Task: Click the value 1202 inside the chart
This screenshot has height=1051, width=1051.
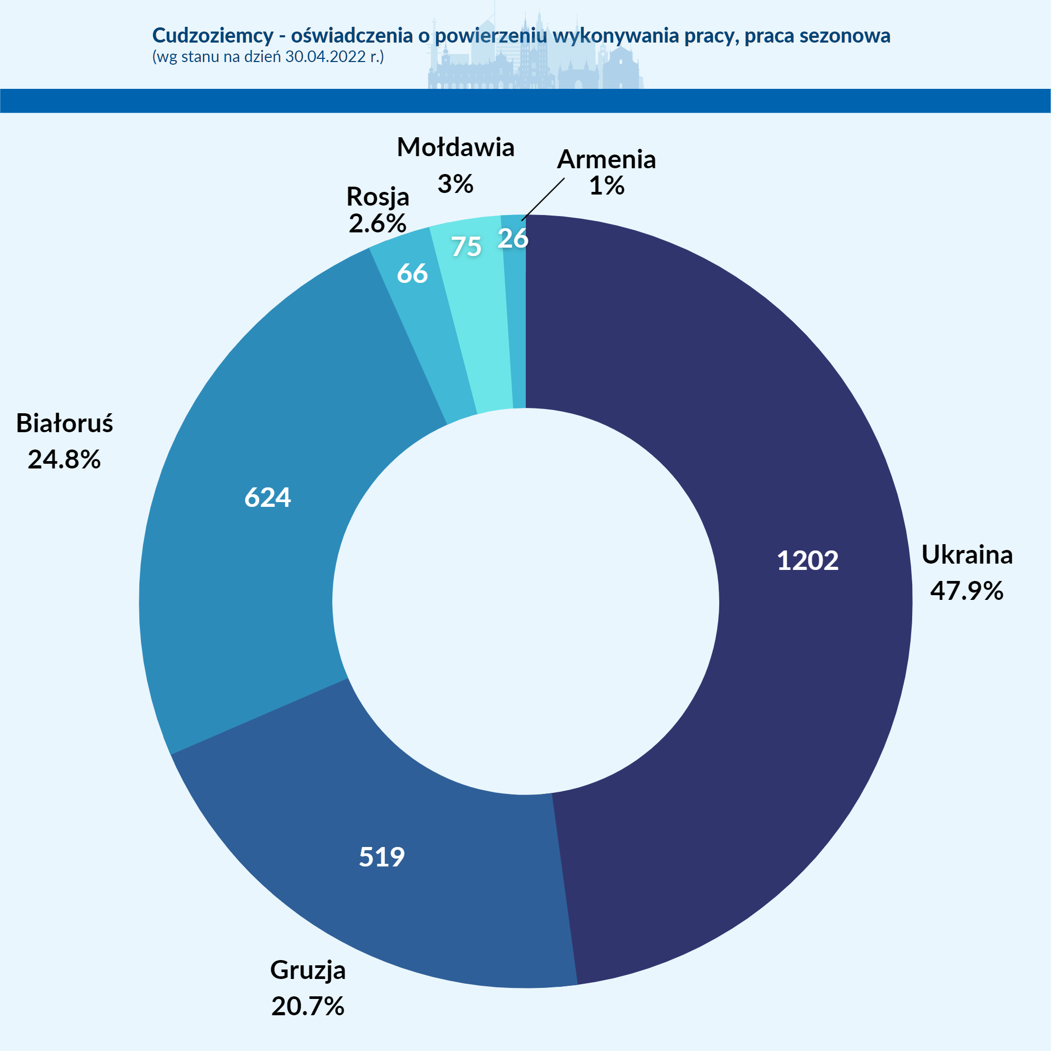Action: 807,561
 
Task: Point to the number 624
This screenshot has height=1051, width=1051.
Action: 268,498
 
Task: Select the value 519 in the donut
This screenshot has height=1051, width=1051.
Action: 382,858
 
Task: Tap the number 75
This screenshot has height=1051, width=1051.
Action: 466,247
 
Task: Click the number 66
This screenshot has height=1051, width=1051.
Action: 412,273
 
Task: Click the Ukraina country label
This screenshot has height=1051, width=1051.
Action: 967,555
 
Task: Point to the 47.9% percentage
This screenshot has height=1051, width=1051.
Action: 967,591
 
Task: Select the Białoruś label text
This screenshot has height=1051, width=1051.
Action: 65,423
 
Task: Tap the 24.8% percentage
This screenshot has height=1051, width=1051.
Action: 64,460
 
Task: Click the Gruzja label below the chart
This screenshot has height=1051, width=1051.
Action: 308,971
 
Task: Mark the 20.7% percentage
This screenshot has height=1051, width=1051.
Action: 308,1006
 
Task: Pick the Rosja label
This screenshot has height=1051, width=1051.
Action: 377,197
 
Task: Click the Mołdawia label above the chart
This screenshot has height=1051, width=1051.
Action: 456,147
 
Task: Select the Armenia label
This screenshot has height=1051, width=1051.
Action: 607,159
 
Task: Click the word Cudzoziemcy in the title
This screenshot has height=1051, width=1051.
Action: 213,36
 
